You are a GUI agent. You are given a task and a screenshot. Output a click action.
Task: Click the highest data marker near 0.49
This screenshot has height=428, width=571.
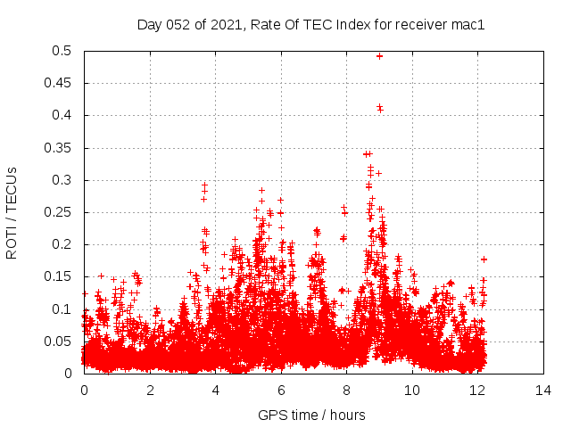[379, 56]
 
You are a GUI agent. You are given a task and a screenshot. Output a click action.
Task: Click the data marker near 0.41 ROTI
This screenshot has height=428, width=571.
[379, 108]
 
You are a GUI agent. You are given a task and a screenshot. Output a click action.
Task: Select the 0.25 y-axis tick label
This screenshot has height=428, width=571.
[60, 212]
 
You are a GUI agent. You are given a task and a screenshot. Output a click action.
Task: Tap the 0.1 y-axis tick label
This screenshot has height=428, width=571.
[63, 309]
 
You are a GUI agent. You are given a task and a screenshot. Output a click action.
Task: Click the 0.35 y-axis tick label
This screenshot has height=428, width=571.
[60, 148]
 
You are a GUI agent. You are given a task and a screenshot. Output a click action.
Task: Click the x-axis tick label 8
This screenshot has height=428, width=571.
[347, 391]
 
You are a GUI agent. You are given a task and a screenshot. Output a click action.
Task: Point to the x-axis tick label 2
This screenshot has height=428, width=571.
[150, 391]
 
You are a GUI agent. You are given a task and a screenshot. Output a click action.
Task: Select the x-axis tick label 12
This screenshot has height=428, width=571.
[478, 391]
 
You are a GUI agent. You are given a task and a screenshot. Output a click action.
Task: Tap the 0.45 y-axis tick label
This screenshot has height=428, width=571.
[60, 83]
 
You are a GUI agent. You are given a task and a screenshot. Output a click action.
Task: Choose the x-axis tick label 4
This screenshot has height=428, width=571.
[216, 391]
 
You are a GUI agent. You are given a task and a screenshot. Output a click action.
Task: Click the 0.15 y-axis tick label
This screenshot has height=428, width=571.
[60, 276]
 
